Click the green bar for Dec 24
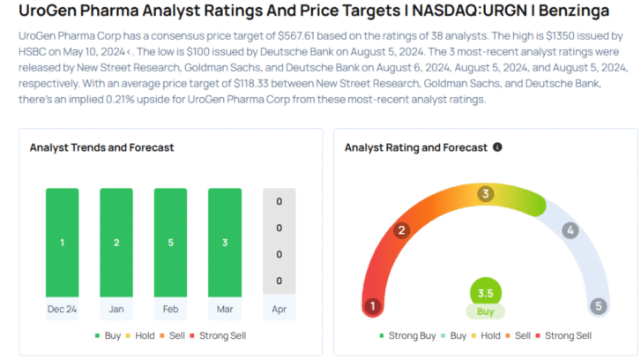tap(62, 242)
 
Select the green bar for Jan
tap(116, 242)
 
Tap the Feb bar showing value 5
tap(170, 242)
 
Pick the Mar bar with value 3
tap(225, 242)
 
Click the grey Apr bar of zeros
tap(279, 242)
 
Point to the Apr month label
tap(279, 310)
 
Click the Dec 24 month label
tap(62, 310)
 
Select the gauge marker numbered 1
tap(373, 307)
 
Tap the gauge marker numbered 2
tap(402, 230)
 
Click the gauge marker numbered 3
tap(485, 193)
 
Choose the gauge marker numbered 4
tap(570, 230)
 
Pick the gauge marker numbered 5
tap(599, 307)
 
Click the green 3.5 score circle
tap(485, 294)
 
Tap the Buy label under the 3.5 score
tap(485, 311)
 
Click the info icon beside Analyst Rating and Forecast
tap(497, 147)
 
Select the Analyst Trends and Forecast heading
tap(101, 147)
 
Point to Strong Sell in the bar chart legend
tap(224, 335)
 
